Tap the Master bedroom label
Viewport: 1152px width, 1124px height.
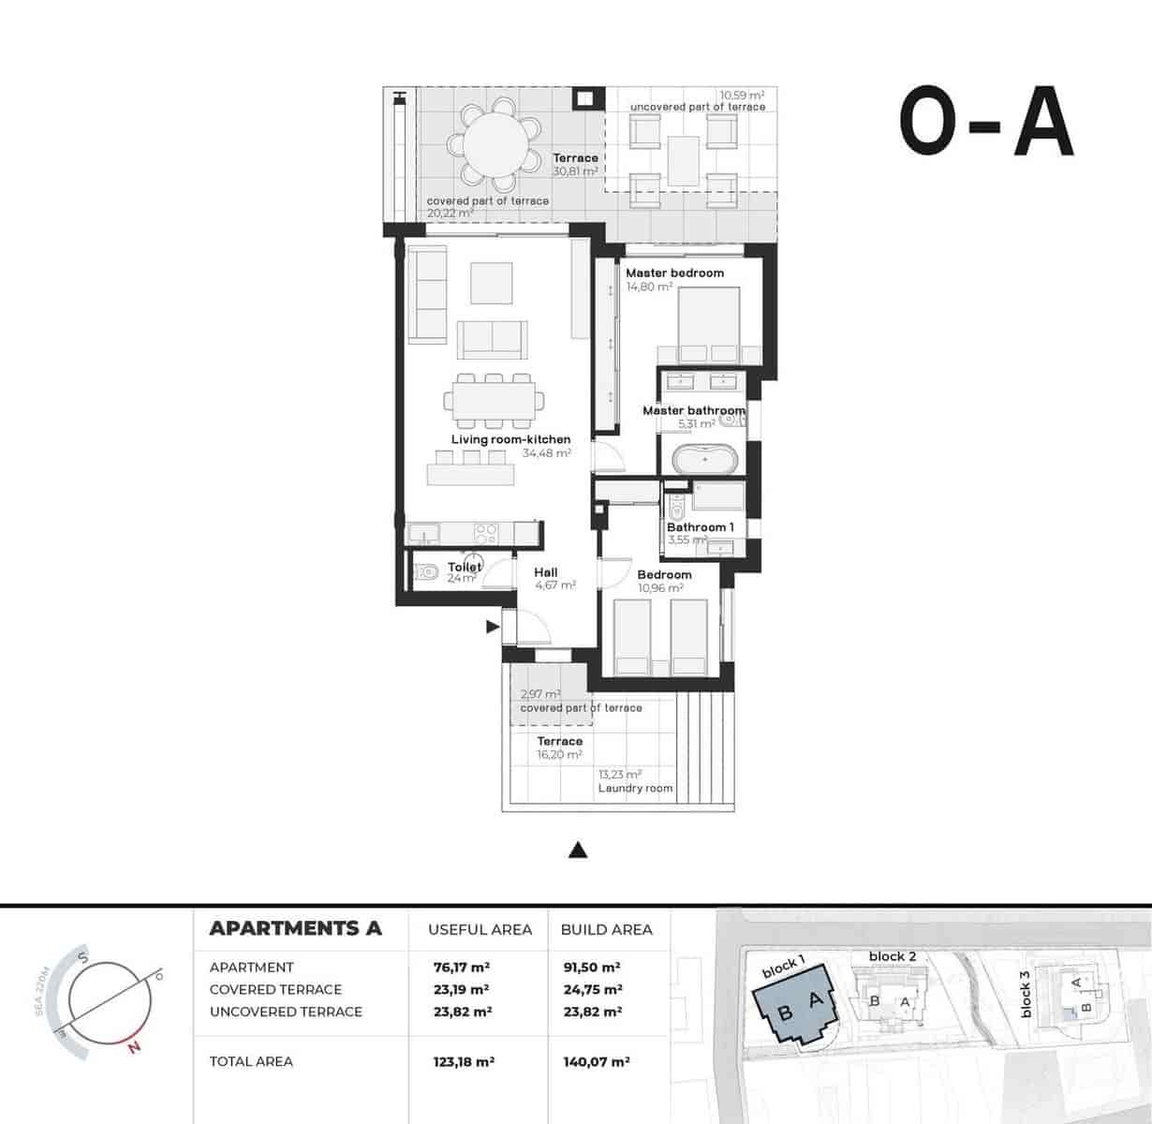(x=674, y=273)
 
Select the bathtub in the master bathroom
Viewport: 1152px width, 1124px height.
(x=704, y=461)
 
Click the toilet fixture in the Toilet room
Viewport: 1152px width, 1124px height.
(x=426, y=572)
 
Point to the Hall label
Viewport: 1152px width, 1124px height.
(x=546, y=572)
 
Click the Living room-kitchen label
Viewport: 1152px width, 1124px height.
(x=510, y=439)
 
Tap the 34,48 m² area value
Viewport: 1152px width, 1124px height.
(x=547, y=453)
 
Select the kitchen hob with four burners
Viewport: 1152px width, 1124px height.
(x=485, y=533)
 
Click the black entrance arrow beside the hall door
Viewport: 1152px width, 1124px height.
(x=492, y=628)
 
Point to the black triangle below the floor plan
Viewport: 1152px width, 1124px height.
(x=578, y=850)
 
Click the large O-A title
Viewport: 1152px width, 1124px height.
(x=986, y=126)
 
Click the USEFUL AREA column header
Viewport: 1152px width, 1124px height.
(x=480, y=929)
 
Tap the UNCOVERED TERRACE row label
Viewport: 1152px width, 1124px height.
(x=285, y=1012)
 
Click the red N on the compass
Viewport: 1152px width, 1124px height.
(x=135, y=1047)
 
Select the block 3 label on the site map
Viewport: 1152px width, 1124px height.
(x=1025, y=993)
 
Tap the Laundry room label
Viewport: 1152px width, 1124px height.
(x=635, y=789)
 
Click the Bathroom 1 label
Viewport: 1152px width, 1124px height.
(x=700, y=527)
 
